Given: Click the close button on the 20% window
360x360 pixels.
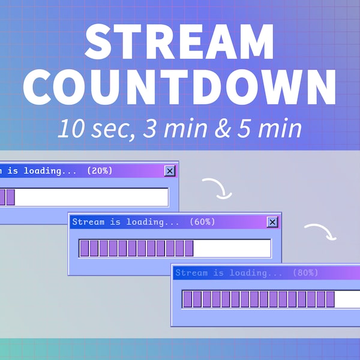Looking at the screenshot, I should (x=170, y=171).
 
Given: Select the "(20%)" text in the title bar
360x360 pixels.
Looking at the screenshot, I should (x=100, y=171).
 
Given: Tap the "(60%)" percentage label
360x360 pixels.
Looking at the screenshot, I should (x=202, y=222).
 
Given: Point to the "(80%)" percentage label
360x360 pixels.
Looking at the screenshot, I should (x=305, y=273).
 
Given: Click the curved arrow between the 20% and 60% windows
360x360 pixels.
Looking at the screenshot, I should (x=217, y=188).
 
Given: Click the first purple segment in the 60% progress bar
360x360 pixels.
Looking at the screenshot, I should (x=85, y=248).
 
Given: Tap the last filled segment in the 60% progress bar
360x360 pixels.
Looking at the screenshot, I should (x=189, y=248).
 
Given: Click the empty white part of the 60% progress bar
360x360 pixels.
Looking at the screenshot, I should (x=232, y=248).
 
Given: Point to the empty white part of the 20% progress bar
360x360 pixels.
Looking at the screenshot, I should (x=90, y=197).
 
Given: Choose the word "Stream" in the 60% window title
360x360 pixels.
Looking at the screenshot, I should (x=88, y=222).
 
